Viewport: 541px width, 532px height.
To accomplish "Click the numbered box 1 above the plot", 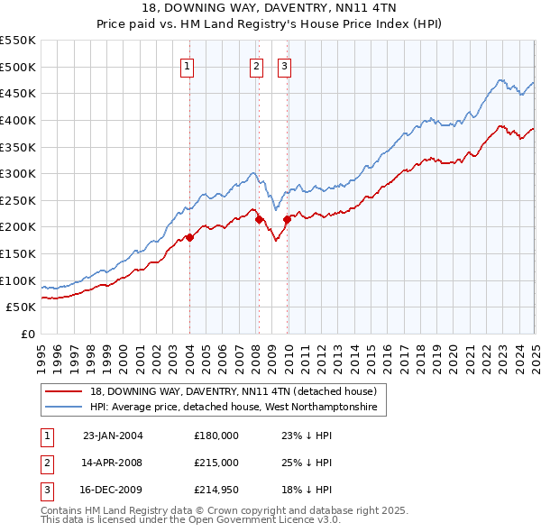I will click(188, 65).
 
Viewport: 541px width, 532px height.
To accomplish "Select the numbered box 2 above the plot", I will click(256, 65).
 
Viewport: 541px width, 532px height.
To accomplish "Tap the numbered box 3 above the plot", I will click(284, 65).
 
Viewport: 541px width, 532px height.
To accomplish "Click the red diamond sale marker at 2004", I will click(190, 237).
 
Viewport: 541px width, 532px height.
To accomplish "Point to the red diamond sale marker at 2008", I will click(259, 218).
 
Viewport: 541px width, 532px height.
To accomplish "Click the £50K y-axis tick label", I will click(22, 307).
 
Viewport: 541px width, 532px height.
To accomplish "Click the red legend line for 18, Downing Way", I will click(64, 391).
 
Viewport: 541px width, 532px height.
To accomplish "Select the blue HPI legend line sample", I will click(64, 408).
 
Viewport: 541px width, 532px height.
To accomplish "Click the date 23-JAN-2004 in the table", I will click(113, 436).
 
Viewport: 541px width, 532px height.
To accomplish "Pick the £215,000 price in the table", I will click(216, 463).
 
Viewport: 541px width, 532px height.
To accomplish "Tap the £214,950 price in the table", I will click(216, 491).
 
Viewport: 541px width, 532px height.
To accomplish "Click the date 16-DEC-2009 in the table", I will click(113, 491).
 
